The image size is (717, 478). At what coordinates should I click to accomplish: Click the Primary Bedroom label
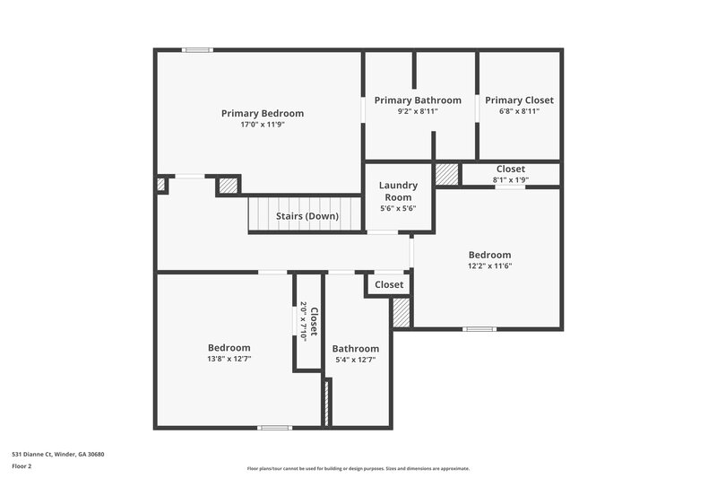[x=263, y=114]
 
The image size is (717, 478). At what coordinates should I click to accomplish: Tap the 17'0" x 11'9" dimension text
[x=263, y=125]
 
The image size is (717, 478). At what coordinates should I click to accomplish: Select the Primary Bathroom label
[x=418, y=100]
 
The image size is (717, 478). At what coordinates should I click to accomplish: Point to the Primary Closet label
[x=519, y=100]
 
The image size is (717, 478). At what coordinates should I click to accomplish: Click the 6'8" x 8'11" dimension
[x=519, y=111]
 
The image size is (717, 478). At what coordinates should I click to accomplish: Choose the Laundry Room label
[x=398, y=191]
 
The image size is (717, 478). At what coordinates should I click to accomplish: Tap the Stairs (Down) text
[x=307, y=216]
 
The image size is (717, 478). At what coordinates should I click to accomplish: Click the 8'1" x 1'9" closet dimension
[x=511, y=179]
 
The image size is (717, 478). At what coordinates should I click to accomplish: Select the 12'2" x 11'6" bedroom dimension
[x=489, y=265]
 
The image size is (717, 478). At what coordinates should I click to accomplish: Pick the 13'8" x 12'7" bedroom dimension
[x=229, y=359]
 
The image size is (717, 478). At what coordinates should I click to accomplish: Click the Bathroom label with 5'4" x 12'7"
[x=356, y=349]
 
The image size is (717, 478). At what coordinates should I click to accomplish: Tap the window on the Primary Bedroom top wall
[x=197, y=50]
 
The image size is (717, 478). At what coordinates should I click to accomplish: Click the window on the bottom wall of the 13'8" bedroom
[x=274, y=428]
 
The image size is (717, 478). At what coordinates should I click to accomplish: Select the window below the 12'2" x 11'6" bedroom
[x=479, y=329]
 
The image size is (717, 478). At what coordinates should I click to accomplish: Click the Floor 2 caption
[x=22, y=466]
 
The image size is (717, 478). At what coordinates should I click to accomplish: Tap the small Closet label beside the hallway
[x=389, y=285]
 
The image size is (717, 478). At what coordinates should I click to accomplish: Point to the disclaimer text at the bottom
[x=358, y=468]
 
